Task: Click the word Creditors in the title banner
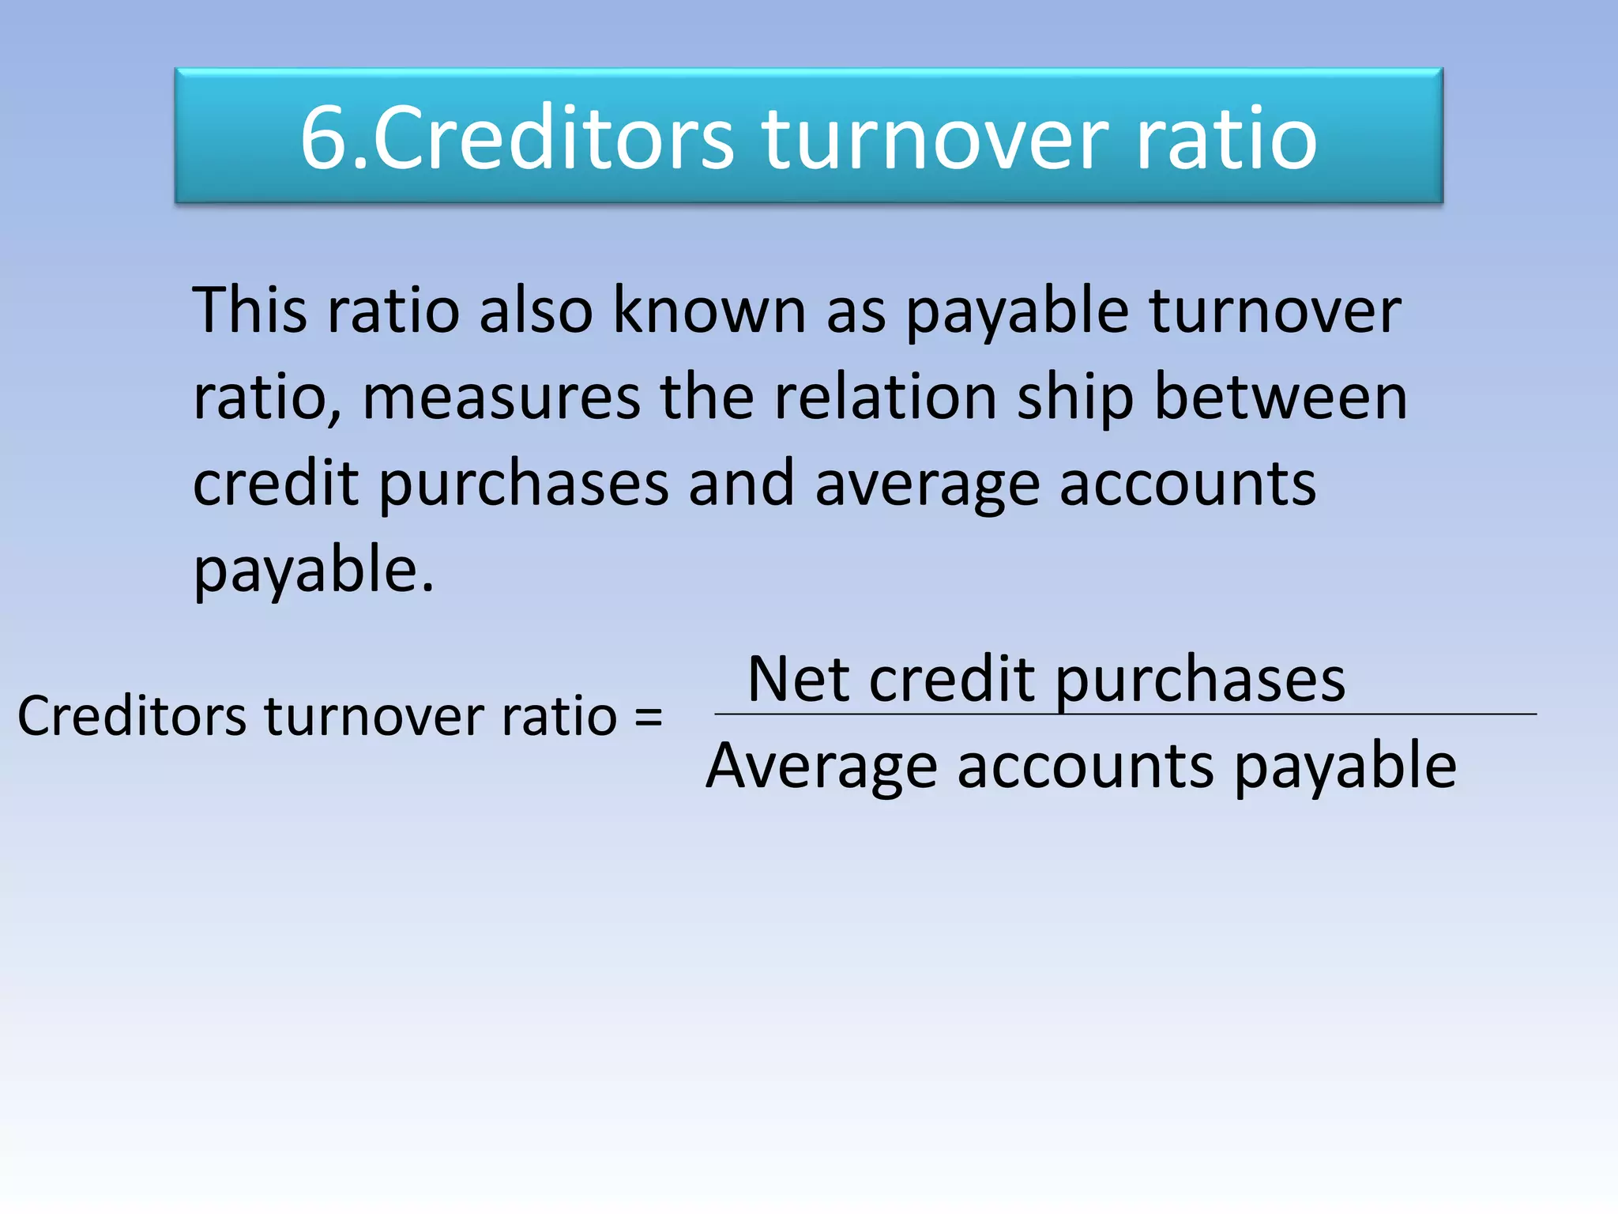[553, 138]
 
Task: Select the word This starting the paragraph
[250, 310]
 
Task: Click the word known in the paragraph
[709, 310]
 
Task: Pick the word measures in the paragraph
[501, 397]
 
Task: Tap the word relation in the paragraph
[885, 397]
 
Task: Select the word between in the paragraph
[1280, 397]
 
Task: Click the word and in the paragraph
[741, 484]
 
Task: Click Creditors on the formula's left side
[132, 716]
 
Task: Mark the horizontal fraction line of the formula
[1125, 714]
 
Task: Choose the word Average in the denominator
[822, 767]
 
